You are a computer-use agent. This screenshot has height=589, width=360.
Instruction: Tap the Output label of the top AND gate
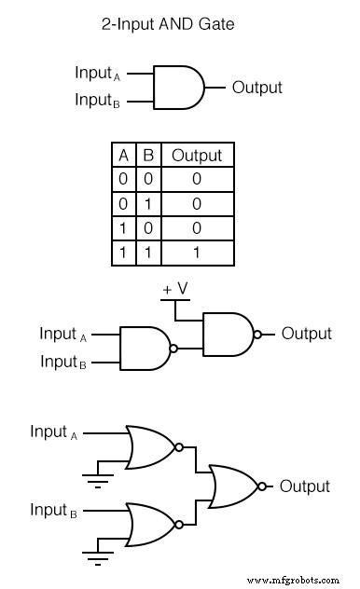[256, 88]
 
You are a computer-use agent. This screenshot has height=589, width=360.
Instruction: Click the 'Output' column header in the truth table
[197, 156]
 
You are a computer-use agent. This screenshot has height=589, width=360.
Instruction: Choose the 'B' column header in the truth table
[148, 156]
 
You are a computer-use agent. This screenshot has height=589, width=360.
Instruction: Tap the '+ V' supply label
[175, 290]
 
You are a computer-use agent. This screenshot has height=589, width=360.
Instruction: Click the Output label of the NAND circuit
[306, 334]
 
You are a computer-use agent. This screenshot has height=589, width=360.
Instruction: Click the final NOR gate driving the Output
[236, 486]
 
